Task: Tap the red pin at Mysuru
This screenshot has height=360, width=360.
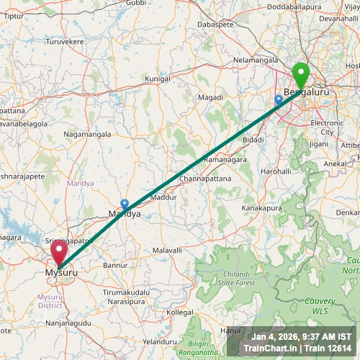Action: (x=58, y=253)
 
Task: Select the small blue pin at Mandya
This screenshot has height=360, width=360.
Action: (x=125, y=204)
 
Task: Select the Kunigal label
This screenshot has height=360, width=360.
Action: (x=158, y=78)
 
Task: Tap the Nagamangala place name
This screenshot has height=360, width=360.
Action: (x=87, y=134)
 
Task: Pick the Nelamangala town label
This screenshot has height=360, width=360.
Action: (x=253, y=59)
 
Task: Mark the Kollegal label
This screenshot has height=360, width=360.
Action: (x=180, y=313)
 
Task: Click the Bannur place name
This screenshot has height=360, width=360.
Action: (x=115, y=265)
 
